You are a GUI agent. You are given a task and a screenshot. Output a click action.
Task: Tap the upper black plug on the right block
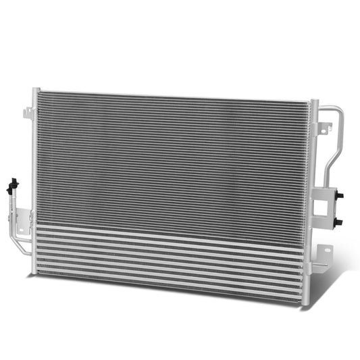coord(340,195)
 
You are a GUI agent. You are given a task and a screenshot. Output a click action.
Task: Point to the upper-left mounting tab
coord(28,113)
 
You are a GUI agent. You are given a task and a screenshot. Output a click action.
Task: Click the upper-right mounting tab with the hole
coord(326,126)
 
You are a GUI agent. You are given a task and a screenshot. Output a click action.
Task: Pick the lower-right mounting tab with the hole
coord(326,254)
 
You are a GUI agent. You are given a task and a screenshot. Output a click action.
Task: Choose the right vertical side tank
coord(313,189)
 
